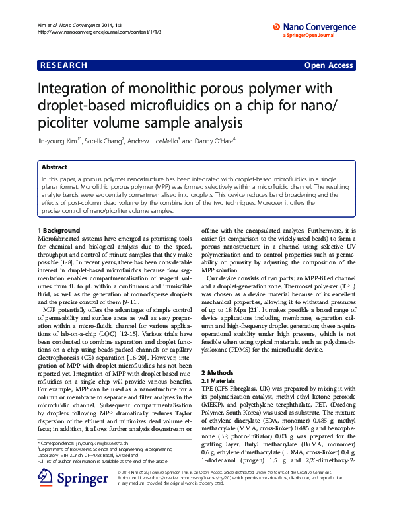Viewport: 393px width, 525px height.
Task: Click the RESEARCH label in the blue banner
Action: click(x=64, y=65)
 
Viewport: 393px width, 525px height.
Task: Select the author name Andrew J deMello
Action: click(x=153, y=141)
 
